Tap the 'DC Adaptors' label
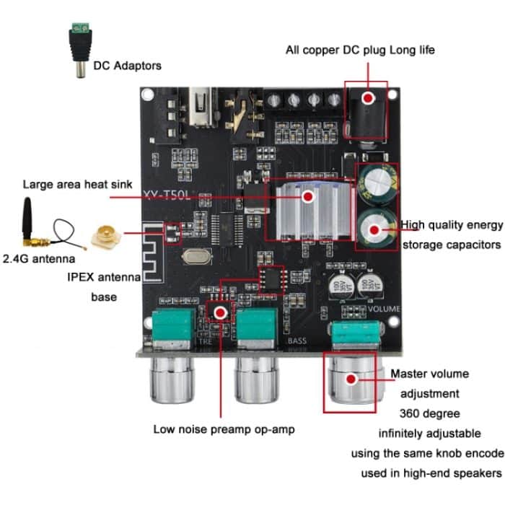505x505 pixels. [x=128, y=66]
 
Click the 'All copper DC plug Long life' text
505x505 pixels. [x=360, y=50]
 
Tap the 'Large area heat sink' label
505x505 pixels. [x=78, y=185]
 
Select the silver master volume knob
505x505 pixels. [x=351, y=381]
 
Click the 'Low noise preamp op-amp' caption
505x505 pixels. [x=224, y=429]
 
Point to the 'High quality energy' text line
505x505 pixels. [x=451, y=224]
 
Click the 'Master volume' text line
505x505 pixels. [x=430, y=374]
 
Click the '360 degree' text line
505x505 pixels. [x=429, y=413]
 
